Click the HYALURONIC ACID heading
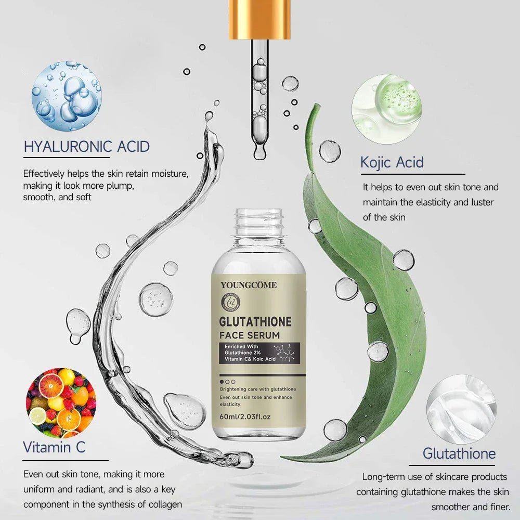click(x=86, y=147)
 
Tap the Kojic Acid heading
click(x=392, y=162)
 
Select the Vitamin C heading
click(x=54, y=447)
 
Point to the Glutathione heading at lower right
click(x=459, y=453)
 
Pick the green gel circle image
click(x=386, y=109)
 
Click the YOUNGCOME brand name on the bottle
click(x=249, y=284)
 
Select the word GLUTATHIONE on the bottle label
click(x=255, y=321)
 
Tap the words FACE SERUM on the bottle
click(x=250, y=335)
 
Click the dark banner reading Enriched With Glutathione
click(x=258, y=353)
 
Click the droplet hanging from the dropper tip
click(x=258, y=153)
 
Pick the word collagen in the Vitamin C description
click(x=164, y=504)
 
